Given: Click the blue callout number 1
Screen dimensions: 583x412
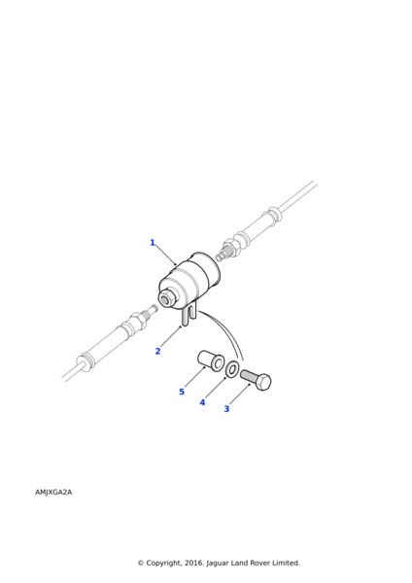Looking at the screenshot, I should pos(153,243).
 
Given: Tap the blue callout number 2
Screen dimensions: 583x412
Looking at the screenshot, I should pos(157,352).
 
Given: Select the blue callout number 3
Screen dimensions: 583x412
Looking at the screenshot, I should pos(226,409).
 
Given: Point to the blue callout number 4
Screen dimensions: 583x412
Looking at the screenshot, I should pos(202,402).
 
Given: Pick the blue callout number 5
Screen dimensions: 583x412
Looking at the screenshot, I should pos(181,393).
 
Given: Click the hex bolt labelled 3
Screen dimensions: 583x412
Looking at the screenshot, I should pos(255,378).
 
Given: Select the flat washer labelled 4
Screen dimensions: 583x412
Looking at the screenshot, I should pos(232,369).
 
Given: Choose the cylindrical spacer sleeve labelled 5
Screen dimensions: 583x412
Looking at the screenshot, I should pos(211,360).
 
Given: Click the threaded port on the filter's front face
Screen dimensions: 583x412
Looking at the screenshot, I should pos(166,299).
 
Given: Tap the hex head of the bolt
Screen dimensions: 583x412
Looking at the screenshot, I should pos(263,382).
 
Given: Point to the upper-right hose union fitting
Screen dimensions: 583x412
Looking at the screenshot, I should pos(232,247).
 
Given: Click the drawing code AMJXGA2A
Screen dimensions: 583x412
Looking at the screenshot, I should pos(53,493).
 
